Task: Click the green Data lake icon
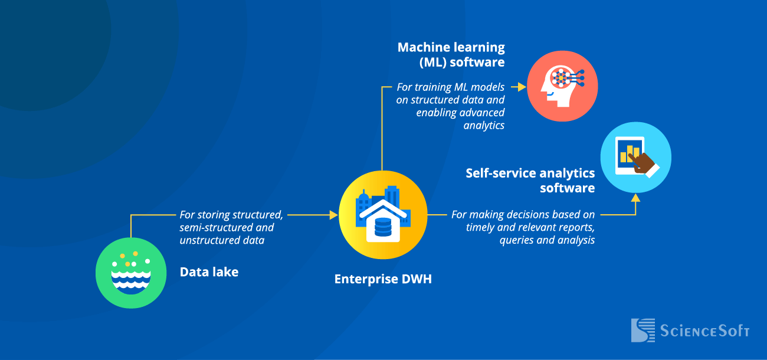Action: coord(131,273)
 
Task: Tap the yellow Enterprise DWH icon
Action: coord(383,215)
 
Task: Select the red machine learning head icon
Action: coord(562,86)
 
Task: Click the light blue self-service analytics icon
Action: coord(635,158)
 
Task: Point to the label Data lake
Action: coord(209,272)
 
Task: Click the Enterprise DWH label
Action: coord(383,279)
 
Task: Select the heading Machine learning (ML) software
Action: coord(451,54)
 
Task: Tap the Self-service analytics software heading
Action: coord(530,181)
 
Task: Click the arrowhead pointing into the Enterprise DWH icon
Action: coord(334,215)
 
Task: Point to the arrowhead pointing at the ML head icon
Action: coord(522,87)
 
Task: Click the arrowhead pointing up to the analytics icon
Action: coord(635,198)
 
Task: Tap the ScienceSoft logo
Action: coord(690,330)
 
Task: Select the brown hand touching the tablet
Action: coord(643,163)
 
